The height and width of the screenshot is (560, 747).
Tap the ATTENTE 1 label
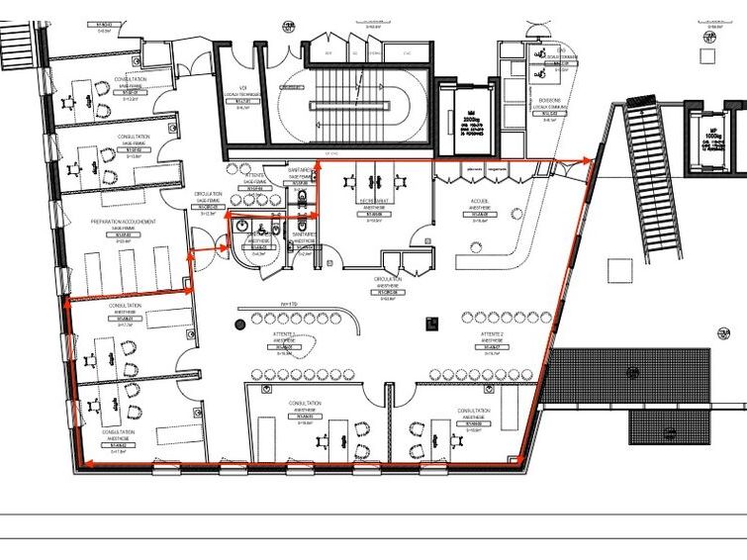(x=284, y=335)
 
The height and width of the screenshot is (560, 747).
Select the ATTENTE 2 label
(x=492, y=335)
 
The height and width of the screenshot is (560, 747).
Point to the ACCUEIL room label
(x=480, y=201)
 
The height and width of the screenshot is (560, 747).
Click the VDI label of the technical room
(x=242, y=88)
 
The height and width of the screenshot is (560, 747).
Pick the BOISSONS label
(x=550, y=100)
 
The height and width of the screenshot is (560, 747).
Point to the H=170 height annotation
(x=289, y=304)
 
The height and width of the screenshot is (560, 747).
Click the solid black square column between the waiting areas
(x=430, y=320)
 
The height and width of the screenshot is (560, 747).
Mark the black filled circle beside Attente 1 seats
(x=239, y=323)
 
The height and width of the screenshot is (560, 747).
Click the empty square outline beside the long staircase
(x=620, y=269)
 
